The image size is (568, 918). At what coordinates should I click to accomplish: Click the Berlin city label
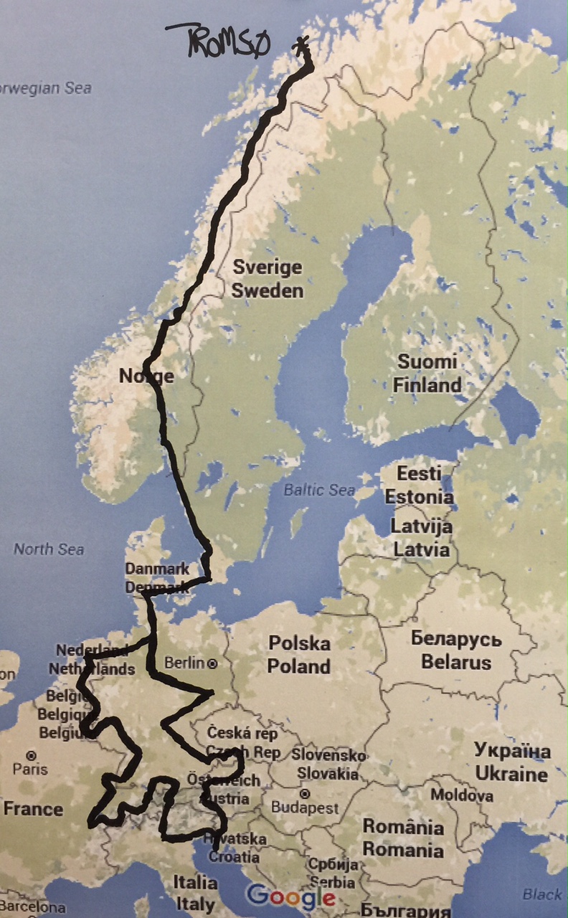click(184, 663)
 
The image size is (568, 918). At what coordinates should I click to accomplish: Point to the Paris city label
click(30, 769)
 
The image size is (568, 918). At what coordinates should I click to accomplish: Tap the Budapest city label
click(305, 808)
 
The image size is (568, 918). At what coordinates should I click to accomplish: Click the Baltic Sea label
click(319, 491)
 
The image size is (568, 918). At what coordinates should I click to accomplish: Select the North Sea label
click(49, 549)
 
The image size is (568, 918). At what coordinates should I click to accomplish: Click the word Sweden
click(268, 290)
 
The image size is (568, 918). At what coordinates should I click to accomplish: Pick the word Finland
click(427, 385)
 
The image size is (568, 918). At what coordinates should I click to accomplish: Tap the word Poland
click(298, 666)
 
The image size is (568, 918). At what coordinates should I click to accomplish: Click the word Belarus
click(456, 661)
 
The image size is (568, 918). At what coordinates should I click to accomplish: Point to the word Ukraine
click(511, 775)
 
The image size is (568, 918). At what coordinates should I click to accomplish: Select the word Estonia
click(419, 497)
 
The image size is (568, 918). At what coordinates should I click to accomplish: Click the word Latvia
click(420, 550)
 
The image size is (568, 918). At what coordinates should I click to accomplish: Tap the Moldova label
click(462, 795)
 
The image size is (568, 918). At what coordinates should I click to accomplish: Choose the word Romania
click(403, 851)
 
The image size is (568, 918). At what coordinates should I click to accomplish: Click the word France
click(33, 810)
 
